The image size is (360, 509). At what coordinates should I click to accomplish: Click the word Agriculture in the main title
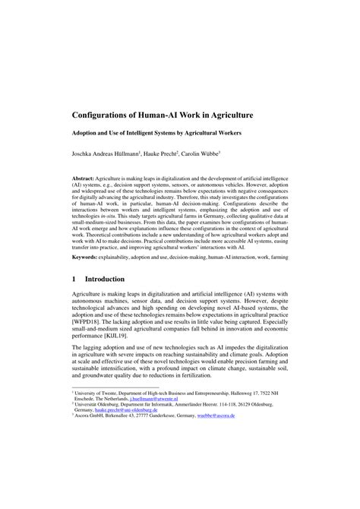point(226,116)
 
